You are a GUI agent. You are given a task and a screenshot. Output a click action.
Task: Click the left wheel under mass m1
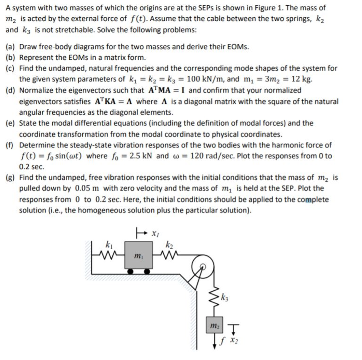tap(130, 271)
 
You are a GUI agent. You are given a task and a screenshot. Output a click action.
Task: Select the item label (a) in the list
tap(11, 47)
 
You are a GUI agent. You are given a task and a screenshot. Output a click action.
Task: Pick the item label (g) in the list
tap(11, 178)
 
